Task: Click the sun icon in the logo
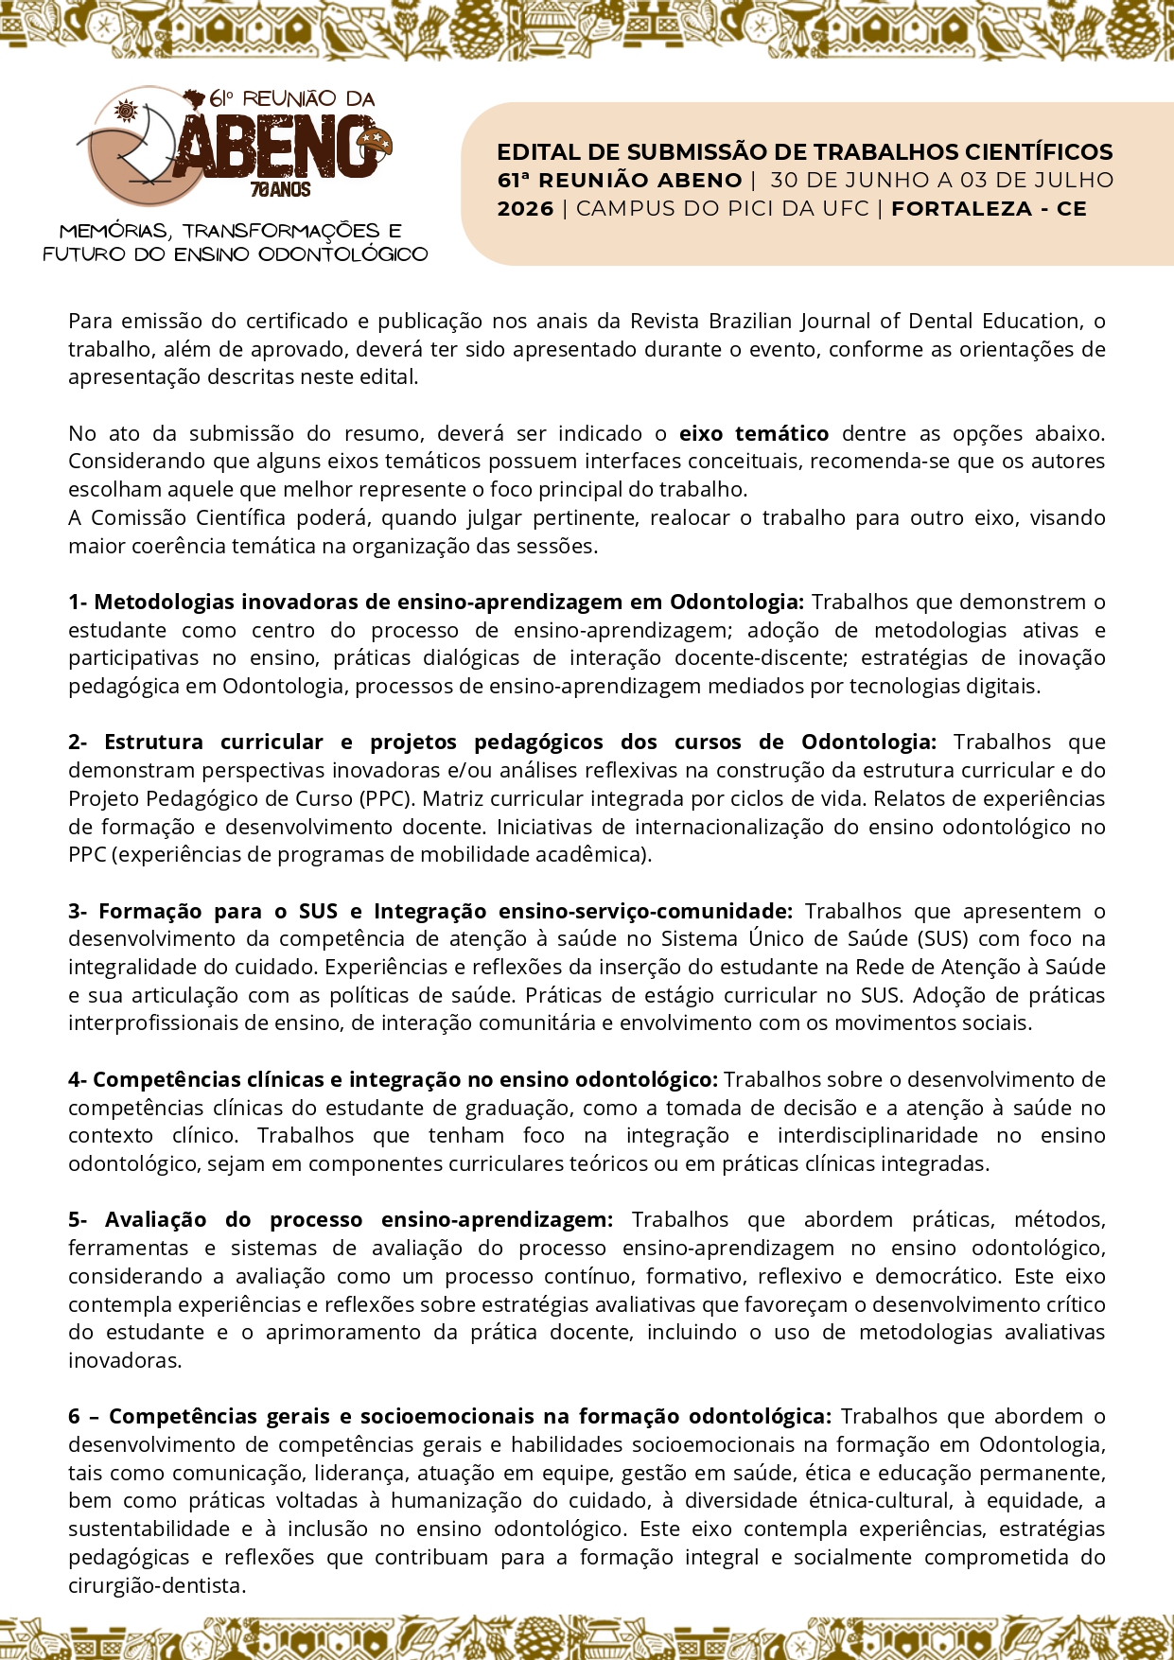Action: (x=125, y=113)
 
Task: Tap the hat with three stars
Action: (x=375, y=142)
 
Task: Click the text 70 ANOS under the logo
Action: (x=280, y=189)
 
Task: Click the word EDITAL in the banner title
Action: (x=536, y=152)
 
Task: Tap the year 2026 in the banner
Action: (x=525, y=209)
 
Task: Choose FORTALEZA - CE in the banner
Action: (x=989, y=209)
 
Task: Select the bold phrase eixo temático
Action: (x=754, y=434)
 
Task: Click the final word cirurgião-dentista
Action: (x=156, y=1585)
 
